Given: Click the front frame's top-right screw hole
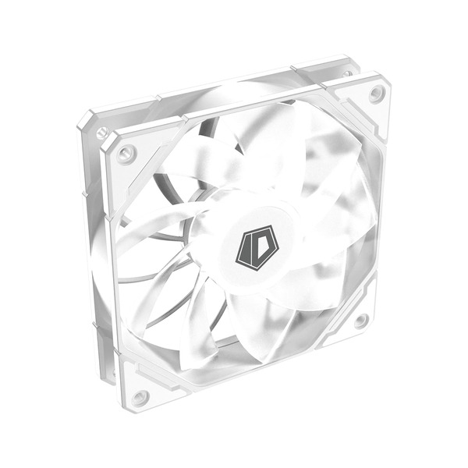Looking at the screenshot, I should coord(377,94).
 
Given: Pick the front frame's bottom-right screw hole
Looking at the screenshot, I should coord(362,320).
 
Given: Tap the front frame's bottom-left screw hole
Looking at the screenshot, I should coord(140,397).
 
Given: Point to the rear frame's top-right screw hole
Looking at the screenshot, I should coord(347,73).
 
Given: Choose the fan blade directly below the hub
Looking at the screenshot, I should coord(234,328).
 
